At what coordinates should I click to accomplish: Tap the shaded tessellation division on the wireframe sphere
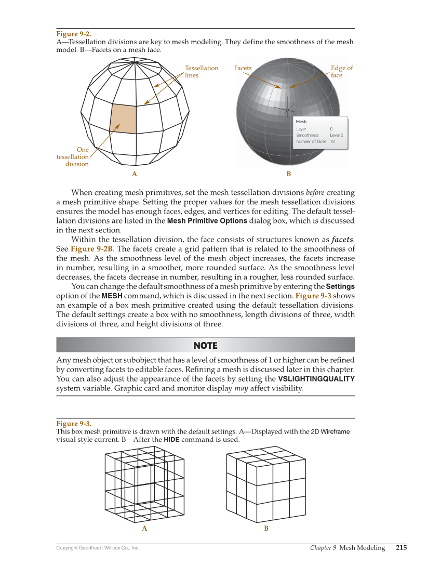click(124, 119)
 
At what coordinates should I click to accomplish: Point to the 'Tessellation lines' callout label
click(202, 72)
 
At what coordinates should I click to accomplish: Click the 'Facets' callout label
click(243, 68)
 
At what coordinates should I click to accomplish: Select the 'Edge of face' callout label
click(341, 72)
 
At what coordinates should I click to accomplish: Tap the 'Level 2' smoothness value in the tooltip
click(336, 135)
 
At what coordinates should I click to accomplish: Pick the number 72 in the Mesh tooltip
click(332, 141)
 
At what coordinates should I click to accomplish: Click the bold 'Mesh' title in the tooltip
click(301, 122)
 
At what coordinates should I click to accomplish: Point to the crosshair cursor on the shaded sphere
click(287, 110)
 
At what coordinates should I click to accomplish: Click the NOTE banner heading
click(205, 346)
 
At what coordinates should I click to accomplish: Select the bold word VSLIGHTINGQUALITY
click(316, 379)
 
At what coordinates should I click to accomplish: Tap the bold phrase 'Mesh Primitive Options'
click(207, 221)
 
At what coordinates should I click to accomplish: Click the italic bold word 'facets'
click(343, 240)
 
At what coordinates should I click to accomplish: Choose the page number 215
click(401, 547)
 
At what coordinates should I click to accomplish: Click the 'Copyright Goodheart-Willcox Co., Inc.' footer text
click(98, 548)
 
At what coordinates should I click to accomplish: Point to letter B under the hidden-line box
click(266, 529)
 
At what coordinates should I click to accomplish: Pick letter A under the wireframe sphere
click(135, 174)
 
